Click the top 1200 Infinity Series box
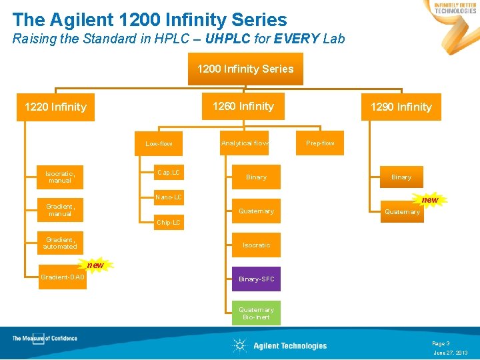(x=245, y=69)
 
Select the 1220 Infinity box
(x=55, y=107)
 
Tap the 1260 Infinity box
(x=243, y=106)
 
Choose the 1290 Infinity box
(x=401, y=107)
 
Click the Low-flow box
(x=159, y=143)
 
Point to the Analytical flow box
(x=245, y=143)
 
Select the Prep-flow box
(x=321, y=143)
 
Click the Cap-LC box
(x=168, y=173)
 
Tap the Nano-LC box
(x=168, y=197)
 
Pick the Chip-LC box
(x=168, y=222)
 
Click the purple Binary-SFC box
(x=256, y=279)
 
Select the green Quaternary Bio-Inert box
(x=256, y=313)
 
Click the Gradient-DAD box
(x=63, y=277)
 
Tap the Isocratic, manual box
(x=60, y=177)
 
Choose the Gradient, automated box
(x=60, y=243)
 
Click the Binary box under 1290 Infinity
(x=401, y=177)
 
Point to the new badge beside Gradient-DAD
(x=95, y=265)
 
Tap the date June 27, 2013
(x=450, y=353)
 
